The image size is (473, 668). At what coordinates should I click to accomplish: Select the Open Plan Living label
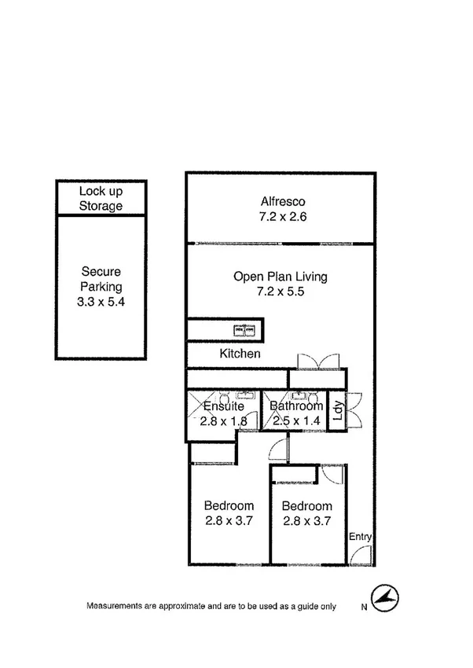[x=280, y=277]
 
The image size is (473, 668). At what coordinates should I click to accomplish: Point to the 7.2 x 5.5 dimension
[x=280, y=291]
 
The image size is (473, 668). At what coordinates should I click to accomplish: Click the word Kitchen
[x=240, y=354]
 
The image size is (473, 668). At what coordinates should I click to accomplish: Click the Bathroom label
[x=296, y=406]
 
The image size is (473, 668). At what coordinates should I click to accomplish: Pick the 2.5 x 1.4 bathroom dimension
[x=296, y=421]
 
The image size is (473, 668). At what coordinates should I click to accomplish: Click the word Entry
[x=361, y=537]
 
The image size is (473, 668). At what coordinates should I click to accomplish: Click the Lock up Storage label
[x=101, y=198]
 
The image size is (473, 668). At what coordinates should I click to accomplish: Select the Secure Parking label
[x=101, y=280]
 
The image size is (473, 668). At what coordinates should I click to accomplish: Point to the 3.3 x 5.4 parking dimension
[x=101, y=302]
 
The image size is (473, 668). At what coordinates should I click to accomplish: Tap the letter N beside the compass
[x=364, y=607]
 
